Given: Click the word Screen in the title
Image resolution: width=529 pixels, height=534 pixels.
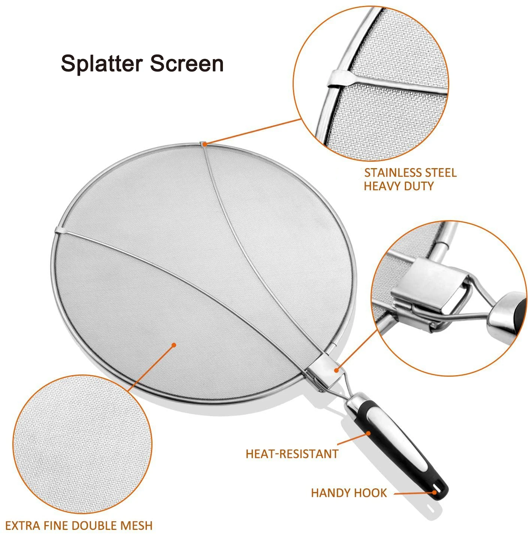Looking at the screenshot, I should click(187, 64).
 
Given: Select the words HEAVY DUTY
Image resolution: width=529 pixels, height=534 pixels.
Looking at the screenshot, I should click(398, 186).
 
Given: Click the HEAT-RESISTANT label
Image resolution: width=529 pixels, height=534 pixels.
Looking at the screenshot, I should click(292, 454).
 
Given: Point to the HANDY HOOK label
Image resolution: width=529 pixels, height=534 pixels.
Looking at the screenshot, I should click(349, 493).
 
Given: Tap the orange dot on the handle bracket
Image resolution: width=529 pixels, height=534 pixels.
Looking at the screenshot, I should click(337, 370).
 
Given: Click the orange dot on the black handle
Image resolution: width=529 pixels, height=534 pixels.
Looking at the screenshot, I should click(369, 433).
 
